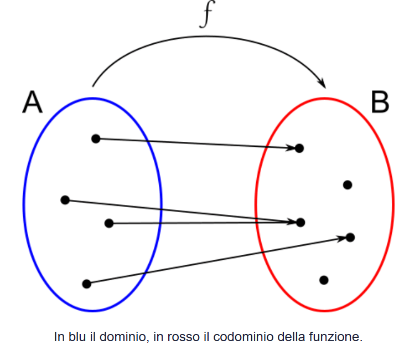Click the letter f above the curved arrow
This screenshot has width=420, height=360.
[206, 16]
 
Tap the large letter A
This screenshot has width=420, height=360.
[32, 102]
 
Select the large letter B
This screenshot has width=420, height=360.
[380, 102]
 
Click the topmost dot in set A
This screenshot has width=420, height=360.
[96, 138]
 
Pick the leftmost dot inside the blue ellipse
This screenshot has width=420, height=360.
[65, 199]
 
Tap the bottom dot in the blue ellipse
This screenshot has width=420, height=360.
[86, 284]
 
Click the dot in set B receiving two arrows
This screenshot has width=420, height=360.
[300, 222]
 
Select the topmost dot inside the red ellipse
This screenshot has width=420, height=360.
[299, 148]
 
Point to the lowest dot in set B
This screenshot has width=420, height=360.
[324, 280]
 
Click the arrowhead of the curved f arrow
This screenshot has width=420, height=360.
[322, 83]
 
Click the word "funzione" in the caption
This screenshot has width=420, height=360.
[338, 337]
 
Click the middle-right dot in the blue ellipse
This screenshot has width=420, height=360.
[109, 223]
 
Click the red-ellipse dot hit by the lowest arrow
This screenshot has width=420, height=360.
[350, 237]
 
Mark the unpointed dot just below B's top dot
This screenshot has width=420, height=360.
[348, 185]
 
